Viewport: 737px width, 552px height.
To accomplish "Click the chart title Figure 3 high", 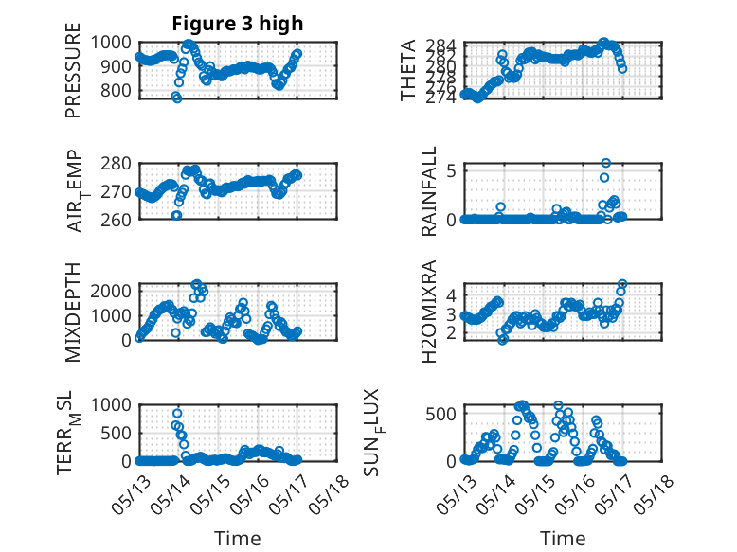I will tap(237, 23).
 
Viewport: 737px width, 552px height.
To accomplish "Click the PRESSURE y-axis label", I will tap(73, 77).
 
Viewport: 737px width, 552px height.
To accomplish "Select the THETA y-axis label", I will tap(408, 70).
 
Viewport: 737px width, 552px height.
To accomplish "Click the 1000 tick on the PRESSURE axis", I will tap(115, 42).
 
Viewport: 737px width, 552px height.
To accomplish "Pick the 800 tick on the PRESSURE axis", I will tap(119, 91).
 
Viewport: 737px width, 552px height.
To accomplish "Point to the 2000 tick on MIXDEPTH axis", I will tap(115, 290).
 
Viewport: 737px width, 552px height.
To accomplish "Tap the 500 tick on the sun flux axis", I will tap(444, 413).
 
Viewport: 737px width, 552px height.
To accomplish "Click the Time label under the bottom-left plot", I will tap(238, 538).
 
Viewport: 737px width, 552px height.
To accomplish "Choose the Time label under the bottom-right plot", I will tap(563, 538).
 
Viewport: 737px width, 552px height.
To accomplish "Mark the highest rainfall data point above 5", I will tap(606, 163).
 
